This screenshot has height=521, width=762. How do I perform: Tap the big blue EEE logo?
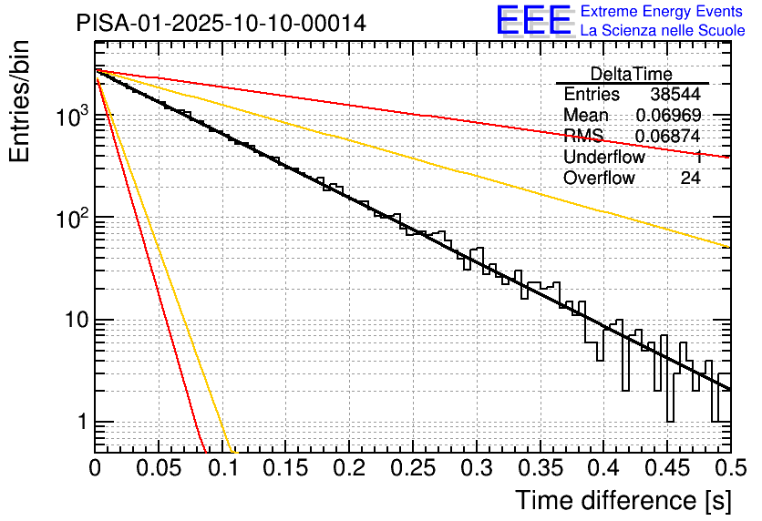[x=533, y=21]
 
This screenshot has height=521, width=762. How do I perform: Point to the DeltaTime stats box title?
[x=632, y=74]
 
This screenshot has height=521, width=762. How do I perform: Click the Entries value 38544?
[x=675, y=95]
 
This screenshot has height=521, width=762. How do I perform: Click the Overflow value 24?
[x=690, y=179]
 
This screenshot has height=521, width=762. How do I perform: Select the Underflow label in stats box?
[x=604, y=158]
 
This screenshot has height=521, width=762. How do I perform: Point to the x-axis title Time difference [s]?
[x=623, y=500]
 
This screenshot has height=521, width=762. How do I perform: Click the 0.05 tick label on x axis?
[x=159, y=469]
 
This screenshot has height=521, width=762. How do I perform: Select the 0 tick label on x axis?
[x=95, y=469]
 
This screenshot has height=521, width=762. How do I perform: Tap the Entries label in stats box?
[x=592, y=95]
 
